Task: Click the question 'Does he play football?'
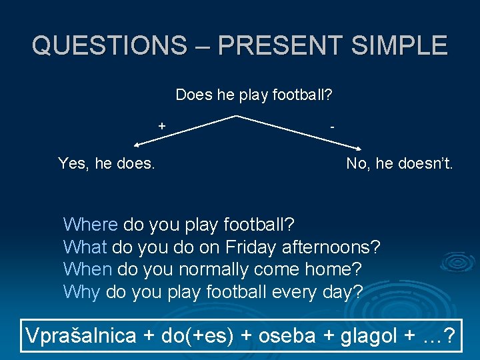coord(254,95)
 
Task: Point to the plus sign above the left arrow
coord(161,124)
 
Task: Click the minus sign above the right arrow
coord(332,125)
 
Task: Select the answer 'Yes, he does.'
coord(107,163)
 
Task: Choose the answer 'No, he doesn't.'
coord(399,163)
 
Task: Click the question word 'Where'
coord(90,224)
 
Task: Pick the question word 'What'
coord(85,247)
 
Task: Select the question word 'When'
coord(87,270)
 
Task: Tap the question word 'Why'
coord(81,292)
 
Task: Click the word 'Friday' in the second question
coord(251,247)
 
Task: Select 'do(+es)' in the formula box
coord(197,336)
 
